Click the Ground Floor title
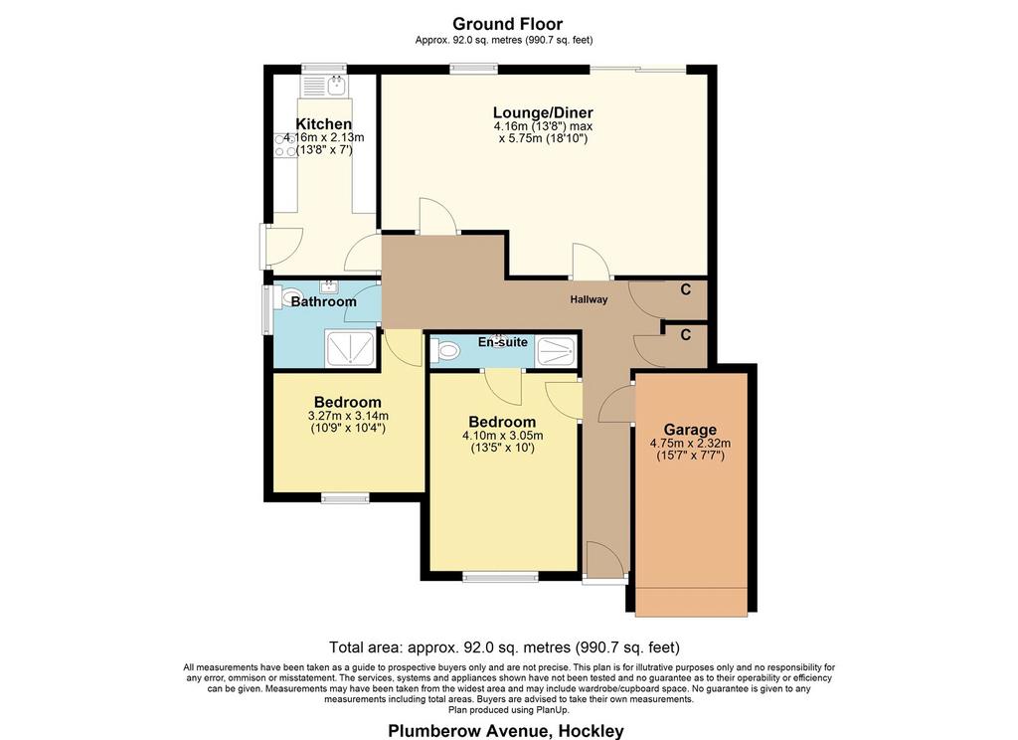507,24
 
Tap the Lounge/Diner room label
543,112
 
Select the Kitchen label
323,123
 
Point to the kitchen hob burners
285,145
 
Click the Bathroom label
323,301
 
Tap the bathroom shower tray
351,348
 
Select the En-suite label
502,342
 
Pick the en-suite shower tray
555,351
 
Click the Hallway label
589,299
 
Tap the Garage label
690,430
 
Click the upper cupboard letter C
686,289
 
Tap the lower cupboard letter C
686,335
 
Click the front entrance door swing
605,559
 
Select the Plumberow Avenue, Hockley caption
506,730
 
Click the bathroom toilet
291,297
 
